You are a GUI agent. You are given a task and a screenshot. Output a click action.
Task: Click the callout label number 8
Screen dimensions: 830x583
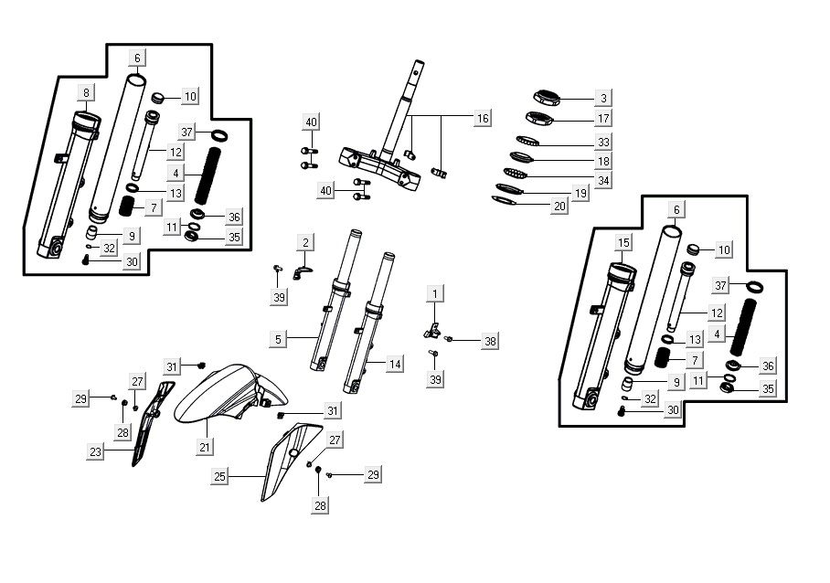(x=86, y=92)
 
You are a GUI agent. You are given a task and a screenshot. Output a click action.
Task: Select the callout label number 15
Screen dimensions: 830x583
(x=624, y=242)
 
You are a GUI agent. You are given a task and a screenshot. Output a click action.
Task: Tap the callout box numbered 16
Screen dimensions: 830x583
(x=483, y=118)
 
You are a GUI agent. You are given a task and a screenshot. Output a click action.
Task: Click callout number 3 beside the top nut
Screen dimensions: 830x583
(x=603, y=98)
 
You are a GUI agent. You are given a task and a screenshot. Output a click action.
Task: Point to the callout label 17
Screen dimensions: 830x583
(x=603, y=118)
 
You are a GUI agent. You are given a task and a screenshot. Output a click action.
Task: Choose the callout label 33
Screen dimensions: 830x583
(x=603, y=142)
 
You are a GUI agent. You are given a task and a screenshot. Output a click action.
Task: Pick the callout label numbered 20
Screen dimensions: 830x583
(x=559, y=206)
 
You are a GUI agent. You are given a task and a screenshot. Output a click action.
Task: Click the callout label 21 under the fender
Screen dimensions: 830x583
(x=205, y=447)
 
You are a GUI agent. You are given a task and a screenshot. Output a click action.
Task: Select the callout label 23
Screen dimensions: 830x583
(x=95, y=451)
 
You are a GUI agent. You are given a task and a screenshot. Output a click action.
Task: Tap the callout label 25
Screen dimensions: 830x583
(x=219, y=477)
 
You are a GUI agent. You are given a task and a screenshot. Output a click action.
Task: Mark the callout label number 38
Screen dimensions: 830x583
(x=490, y=341)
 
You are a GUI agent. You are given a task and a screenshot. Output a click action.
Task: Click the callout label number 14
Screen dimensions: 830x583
(x=395, y=364)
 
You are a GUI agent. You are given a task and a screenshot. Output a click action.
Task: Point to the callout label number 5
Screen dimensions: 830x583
(x=279, y=339)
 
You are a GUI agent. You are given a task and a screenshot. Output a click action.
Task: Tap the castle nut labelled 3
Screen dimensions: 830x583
(x=546, y=99)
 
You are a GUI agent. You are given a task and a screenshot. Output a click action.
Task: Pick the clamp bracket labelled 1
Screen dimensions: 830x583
(x=432, y=331)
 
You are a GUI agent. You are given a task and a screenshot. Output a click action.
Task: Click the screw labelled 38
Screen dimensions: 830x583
(x=448, y=339)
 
